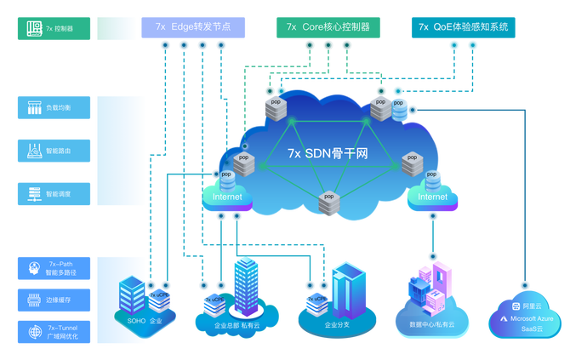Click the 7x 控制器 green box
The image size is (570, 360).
click(x=54, y=28)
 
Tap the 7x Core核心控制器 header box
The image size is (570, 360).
click(x=328, y=27)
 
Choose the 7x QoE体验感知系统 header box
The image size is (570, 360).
click(x=464, y=27)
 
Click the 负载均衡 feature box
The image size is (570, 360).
click(x=54, y=108)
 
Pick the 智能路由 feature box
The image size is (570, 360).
click(x=54, y=151)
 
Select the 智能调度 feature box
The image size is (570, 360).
click(x=54, y=193)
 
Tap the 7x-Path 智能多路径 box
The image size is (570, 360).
click(x=54, y=269)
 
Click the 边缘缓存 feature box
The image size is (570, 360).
click(x=54, y=300)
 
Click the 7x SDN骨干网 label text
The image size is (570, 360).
click(x=327, y=154)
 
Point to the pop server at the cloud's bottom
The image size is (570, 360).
click(x=328, y=203)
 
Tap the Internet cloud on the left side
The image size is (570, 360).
click(x=226, y=197)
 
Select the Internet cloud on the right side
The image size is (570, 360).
click(x=431, y=197)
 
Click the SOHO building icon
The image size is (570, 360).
click(x=133, y=294)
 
